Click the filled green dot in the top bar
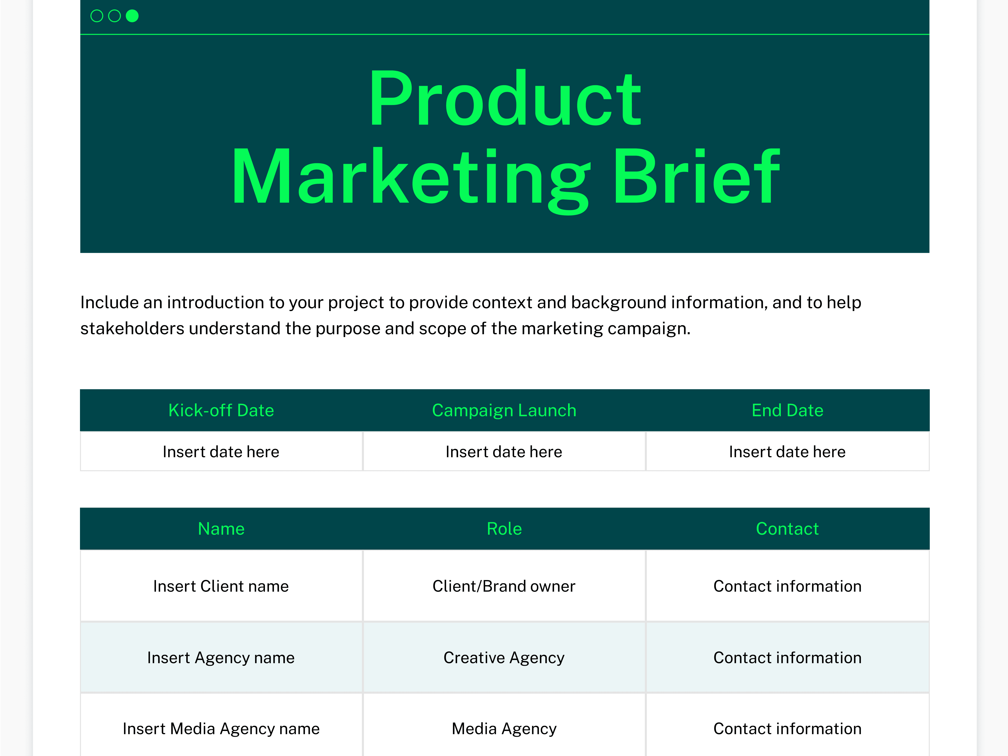pyautogui.click(x=132, y=16)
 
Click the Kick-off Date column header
pyautogui.click(x=221, y=410)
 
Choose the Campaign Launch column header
pyautogui.click(x=504, y=410)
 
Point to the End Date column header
pyautogui.click(x=787, y=410)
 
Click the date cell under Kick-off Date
pyautogui.click(x=221, y=451)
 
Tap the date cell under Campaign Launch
pyautogui.click(x=504, y=451)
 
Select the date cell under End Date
pyautogui.click(x=787, y=451)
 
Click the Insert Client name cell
pyautogui.click(x=221, y=586)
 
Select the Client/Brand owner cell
pyautogui.click(x=504, y=586)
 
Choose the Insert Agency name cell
pyautogui.click(x=221, y=657)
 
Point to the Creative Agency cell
pyautogui.click(x=504, y=657)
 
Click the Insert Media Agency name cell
pyautogui.click(x=221, y=729)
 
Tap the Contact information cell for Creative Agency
pyautogui.click(x=787, y=657)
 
